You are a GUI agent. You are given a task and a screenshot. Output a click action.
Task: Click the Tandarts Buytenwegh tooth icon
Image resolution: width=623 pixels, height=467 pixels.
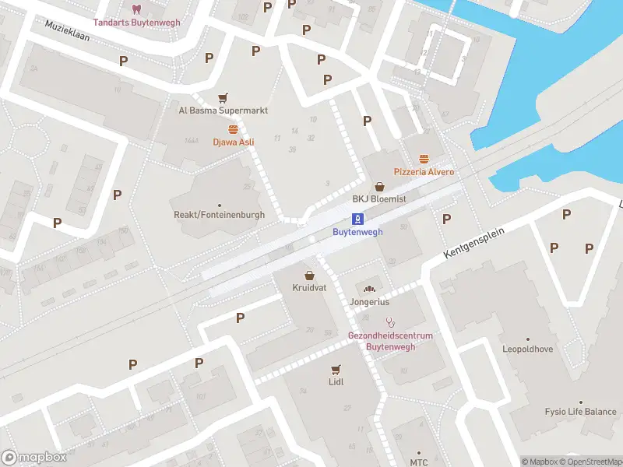point(137,9)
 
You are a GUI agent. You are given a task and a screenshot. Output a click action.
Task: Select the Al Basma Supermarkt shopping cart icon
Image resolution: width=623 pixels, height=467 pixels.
point(224,98)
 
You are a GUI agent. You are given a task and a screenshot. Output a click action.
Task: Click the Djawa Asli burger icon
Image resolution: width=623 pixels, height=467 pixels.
point(233,129)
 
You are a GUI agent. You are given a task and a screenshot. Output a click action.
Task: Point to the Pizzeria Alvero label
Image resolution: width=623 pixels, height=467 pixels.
point(424,171)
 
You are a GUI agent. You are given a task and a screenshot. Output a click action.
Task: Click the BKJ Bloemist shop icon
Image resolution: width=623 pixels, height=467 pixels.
point(379,187)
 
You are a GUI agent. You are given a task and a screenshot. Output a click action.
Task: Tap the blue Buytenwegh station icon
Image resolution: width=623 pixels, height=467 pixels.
point(357,219)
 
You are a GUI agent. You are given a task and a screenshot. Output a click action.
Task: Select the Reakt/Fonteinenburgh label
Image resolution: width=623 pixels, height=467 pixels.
point(219,215)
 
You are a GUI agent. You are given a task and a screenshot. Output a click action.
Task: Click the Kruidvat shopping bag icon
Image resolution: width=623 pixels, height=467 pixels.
point(310,276)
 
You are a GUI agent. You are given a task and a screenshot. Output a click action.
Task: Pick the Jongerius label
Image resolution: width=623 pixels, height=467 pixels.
point(369,302)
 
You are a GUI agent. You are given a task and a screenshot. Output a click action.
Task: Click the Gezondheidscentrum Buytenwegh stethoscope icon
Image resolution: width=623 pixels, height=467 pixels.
point(390,322)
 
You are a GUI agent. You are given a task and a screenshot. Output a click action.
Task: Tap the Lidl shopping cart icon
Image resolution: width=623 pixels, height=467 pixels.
point(336,369)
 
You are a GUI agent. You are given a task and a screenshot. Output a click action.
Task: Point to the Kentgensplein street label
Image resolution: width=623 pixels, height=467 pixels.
point(474,244)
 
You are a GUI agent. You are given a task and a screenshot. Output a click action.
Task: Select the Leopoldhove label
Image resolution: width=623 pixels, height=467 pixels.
point(527,349)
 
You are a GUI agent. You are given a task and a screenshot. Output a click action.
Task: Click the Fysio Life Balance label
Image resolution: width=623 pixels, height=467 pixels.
point(580,412)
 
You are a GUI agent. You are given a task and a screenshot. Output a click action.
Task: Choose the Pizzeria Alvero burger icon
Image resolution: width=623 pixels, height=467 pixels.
point(424,159)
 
